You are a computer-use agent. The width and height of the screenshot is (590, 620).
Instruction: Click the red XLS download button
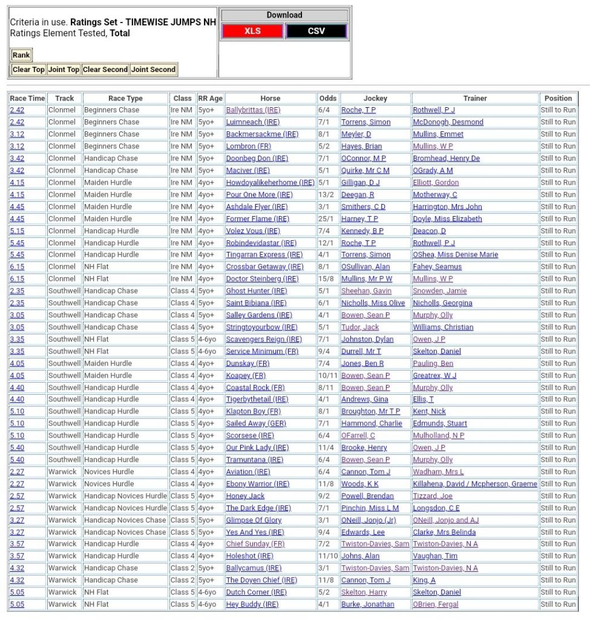click(252, 31)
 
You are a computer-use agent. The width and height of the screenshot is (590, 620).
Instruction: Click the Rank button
click(21, 55)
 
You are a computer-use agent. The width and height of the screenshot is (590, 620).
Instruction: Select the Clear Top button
click(28, 70)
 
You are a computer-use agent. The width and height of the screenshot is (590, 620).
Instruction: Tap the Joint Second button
click(154, 70)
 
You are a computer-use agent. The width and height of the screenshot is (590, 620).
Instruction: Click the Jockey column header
click(375, 98)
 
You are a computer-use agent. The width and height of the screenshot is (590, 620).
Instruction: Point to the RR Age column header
click(211, 98)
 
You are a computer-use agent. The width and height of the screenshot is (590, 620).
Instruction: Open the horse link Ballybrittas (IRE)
click(253, 110)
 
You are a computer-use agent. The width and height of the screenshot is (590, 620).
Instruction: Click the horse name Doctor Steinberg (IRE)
click(262, 279)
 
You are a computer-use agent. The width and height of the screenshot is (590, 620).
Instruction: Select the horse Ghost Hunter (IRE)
click(257, 291)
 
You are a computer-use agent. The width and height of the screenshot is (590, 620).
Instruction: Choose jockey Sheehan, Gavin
click(366, 291)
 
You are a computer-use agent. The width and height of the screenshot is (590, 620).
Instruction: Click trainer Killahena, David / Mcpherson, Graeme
click(475, 484)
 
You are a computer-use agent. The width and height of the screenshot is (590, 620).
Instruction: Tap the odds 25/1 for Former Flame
click(325, 219)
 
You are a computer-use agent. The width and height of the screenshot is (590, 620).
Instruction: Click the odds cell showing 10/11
click(327, 375)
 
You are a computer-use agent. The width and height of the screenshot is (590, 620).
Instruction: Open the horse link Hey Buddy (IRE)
click(252, 604)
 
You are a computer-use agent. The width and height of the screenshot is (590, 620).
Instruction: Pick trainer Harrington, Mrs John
click(447, 206)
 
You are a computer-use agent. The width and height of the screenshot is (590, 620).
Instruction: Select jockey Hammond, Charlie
click(372, 424)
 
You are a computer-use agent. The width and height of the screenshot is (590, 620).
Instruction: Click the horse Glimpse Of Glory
click(254, 520)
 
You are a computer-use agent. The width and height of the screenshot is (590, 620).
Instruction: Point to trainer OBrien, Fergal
click(436, 604)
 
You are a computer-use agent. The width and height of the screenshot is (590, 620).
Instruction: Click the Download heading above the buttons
click(284, 15)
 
